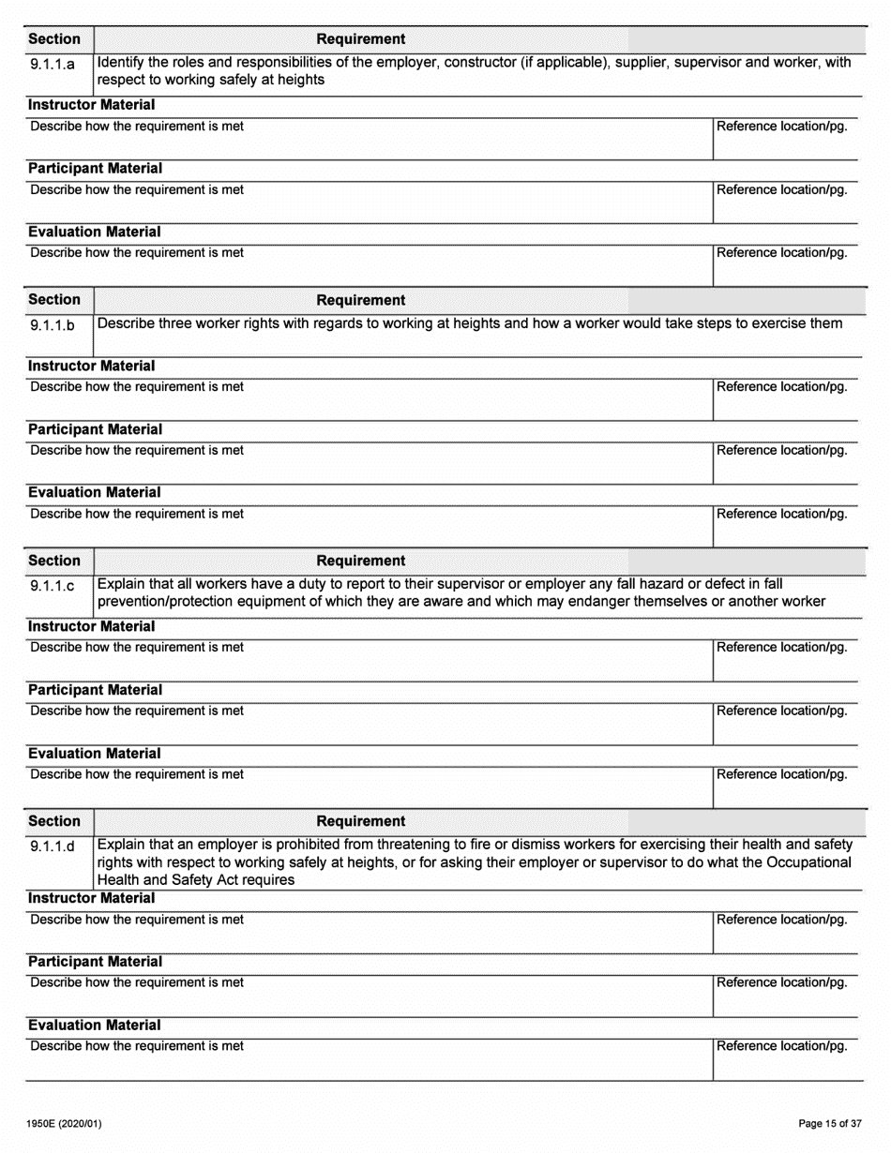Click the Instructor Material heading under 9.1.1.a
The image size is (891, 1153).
coord(91,105)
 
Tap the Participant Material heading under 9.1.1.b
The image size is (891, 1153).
coord(95,429)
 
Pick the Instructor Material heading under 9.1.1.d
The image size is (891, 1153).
coord(91,898)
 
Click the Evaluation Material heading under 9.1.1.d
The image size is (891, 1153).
coord(94,1026)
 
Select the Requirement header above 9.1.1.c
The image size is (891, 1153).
coord(361,561)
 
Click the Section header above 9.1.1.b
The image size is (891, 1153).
coord(54,300)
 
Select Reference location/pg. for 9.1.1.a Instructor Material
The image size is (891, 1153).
coord(782,127)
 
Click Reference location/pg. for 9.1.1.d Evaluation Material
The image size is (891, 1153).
coord(782,1046)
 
